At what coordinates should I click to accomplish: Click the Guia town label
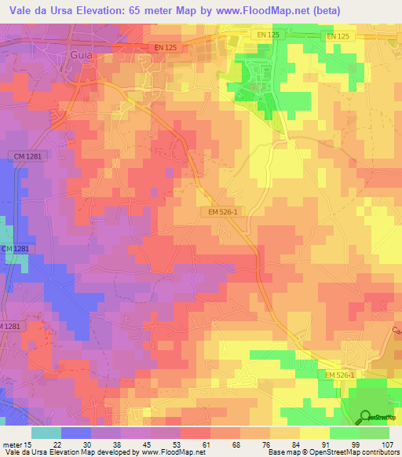coord(81,56)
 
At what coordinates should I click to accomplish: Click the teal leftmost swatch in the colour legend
coord(46,432)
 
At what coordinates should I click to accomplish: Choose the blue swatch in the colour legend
coord(75,432)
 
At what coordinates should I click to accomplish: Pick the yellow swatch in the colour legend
coord(314,432)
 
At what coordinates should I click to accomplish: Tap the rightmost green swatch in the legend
coord(374,432)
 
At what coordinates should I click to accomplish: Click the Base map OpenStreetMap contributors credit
coord(332,452)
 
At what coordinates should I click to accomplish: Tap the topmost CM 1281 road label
coord(28,156)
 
